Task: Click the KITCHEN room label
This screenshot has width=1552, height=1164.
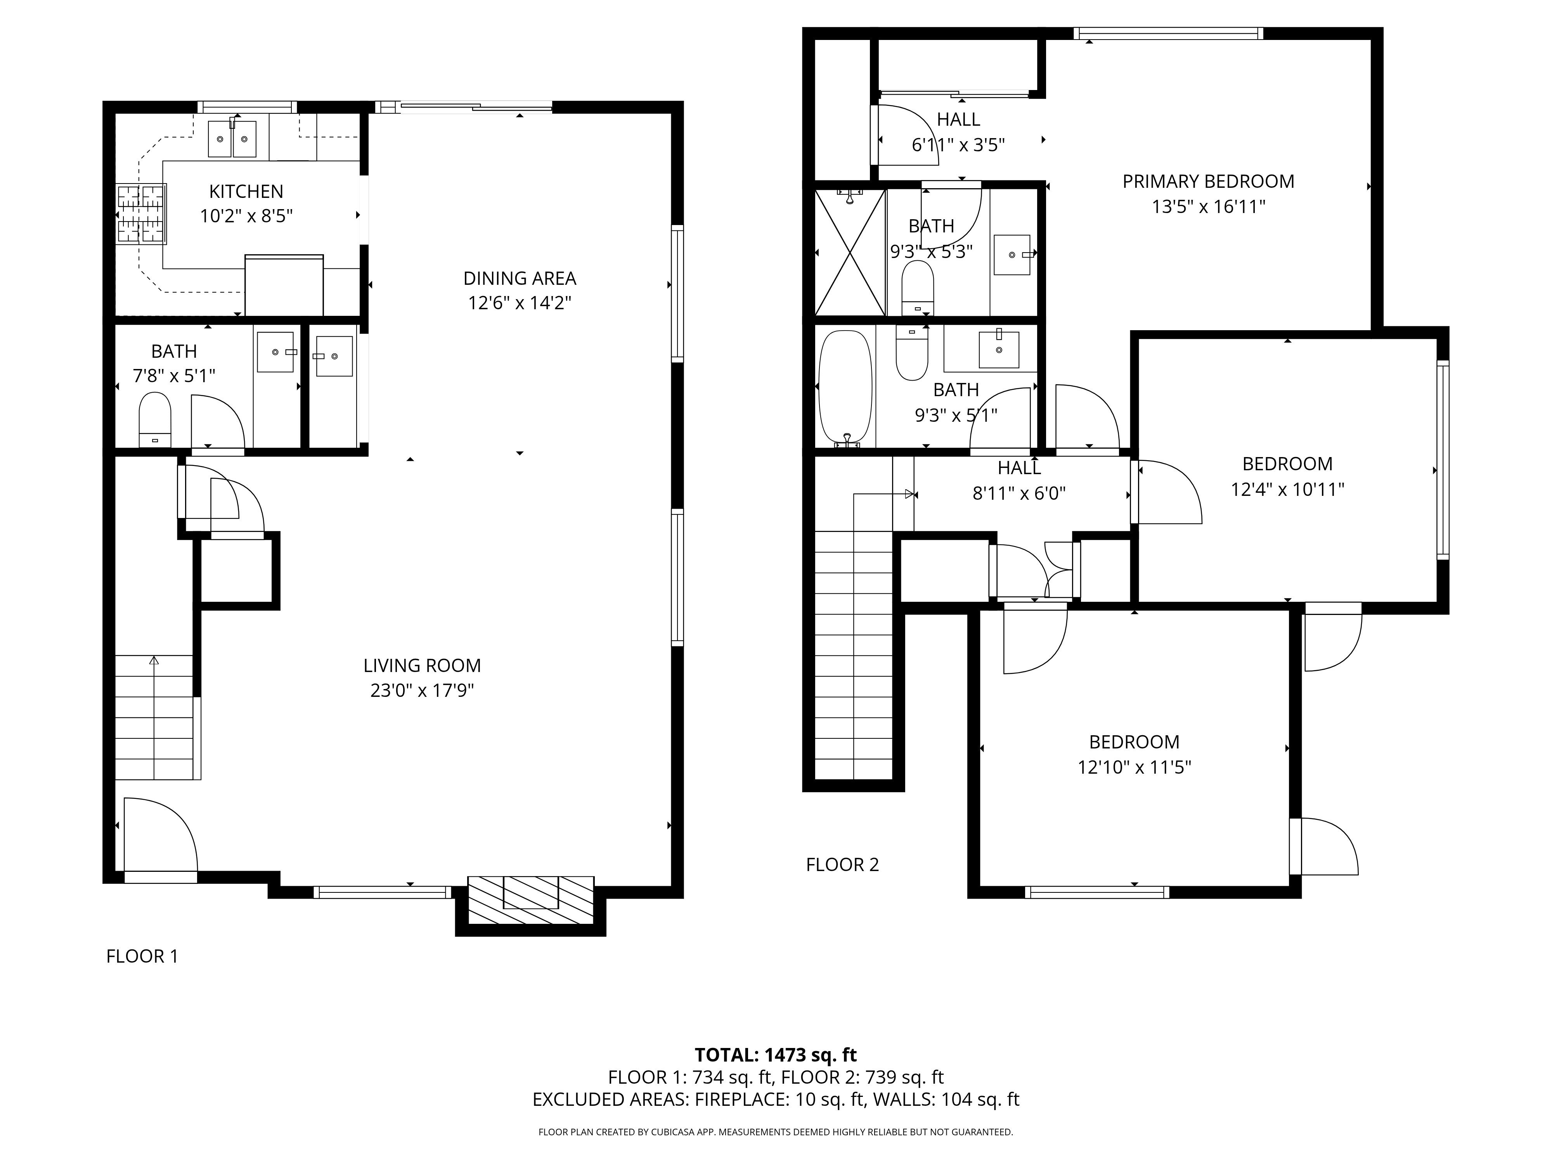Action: pos(246,192)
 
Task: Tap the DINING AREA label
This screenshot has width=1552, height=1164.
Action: pos(520,279)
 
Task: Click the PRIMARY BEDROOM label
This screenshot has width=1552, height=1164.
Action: pos(1208,182)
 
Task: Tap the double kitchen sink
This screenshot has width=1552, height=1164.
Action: pos(232,138)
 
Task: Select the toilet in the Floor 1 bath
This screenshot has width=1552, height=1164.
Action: pos(155,419)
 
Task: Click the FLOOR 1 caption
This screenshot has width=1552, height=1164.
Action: pos(142,956)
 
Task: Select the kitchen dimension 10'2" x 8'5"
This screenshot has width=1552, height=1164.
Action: pos(246,216)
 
